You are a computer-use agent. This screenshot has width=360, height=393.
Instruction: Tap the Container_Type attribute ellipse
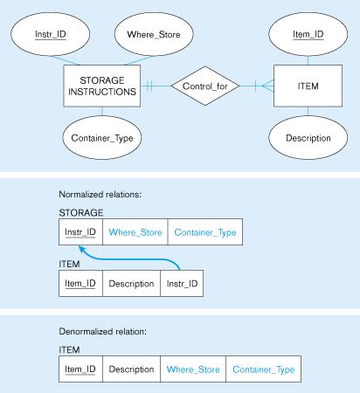tap(101, 137)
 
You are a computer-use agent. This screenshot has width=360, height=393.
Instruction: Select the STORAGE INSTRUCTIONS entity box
tap(101, 86)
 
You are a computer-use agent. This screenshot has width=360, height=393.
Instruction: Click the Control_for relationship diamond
tap(204, 86)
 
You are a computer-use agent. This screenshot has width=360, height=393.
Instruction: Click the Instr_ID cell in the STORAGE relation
tap(80, 232)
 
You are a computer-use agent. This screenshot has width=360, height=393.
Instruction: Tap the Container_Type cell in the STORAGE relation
tap(203, 232)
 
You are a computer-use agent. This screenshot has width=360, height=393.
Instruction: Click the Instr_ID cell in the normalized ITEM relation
tap(182, 284)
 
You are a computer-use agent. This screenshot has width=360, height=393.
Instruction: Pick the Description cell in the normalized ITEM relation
tap(130, 284)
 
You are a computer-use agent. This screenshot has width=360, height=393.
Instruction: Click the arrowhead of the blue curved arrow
tap(84, 248)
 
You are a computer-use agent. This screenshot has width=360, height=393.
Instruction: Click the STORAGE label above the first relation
tap(81, 211)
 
